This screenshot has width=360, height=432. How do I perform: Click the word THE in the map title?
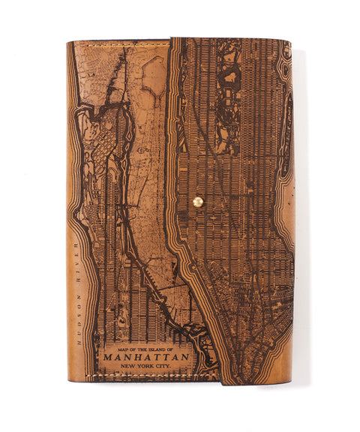click(144, 349)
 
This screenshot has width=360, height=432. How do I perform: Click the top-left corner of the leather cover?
click(67, 42)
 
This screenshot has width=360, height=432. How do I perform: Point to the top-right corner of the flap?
click(290, 41)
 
